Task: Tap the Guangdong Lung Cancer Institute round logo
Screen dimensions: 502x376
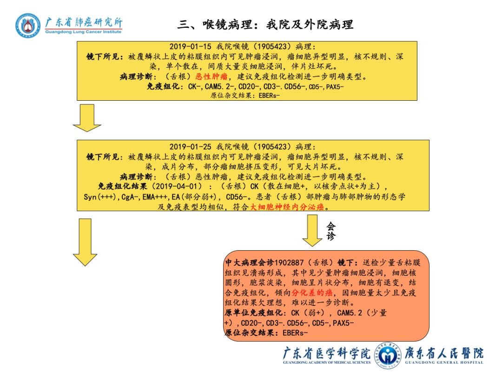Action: (28, 25)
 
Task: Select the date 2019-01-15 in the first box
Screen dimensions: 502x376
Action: (190, 47)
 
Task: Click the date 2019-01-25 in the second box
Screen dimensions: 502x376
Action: (190, 147)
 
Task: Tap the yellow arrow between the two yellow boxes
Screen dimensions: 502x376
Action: (87, 117)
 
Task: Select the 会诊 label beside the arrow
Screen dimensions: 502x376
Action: (330, 231)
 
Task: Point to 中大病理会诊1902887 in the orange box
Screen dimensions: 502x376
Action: (263, 262)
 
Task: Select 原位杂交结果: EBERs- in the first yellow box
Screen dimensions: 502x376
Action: (245, 96)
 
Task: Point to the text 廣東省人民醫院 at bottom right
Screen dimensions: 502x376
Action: (444, 353)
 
